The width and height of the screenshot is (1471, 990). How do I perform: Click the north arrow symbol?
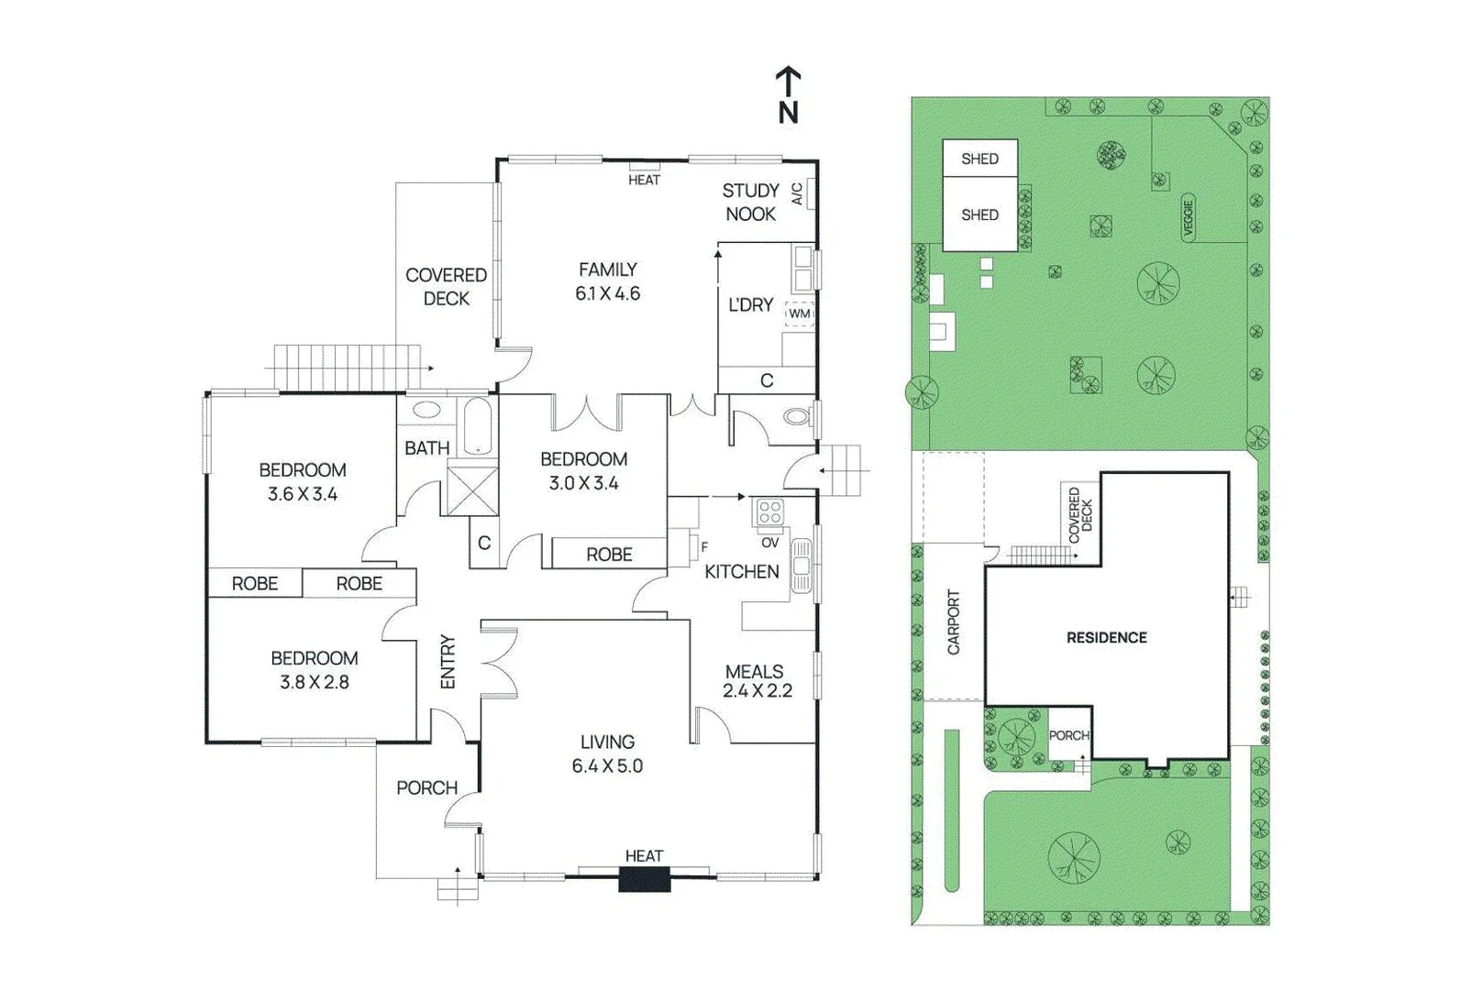tap(788, 94)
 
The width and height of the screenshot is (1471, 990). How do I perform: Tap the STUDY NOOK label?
tap(750, 202)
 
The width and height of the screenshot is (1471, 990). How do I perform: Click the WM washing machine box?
tap(800, 313)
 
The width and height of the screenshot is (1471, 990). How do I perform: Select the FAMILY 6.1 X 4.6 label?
tap(607, 281)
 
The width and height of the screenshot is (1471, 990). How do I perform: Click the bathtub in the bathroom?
tap(476, 426)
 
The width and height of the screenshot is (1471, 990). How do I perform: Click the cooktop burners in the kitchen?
tap(769, 512)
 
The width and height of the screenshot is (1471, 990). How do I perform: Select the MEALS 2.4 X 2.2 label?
tap(756, 681)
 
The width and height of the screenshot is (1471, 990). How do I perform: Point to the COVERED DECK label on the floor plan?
tap(446, 286)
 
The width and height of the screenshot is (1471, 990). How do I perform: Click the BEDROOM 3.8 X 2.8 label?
tap(314, 669)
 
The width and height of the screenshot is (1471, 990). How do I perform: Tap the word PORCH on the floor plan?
tap(426, 787)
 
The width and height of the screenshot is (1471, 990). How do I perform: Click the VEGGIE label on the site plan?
tap(1189, 218)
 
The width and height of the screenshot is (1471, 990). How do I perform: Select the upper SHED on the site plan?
tap(979, 159)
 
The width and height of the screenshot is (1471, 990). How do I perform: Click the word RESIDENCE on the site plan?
tap(1106, 638)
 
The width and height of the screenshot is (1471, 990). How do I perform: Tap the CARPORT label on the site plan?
tap(953, 621)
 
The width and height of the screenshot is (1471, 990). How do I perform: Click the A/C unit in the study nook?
tap(806, 194)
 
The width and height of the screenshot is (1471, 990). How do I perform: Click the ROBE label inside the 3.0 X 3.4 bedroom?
tap(609, 554)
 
